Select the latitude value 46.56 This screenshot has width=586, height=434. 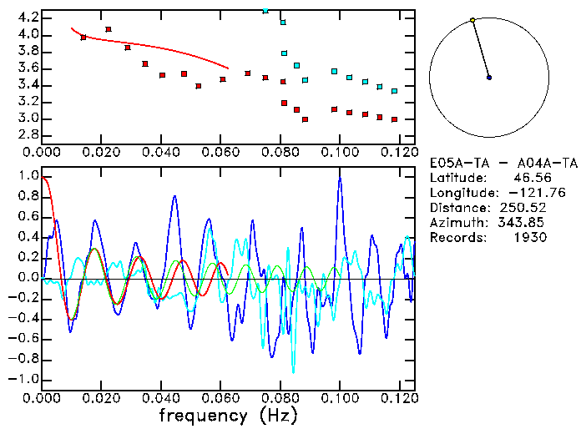pyautogui.click(x=528, y=177)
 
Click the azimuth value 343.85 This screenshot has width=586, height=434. pyautogui.click(x=523, y=222)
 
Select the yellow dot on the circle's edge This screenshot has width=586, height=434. pyautogui.click(x=472, y=20)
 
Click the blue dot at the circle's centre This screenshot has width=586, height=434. pyautogui.click(x=489, y=78)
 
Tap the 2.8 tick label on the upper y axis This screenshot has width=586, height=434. pyautogui.click(x=28, y=134)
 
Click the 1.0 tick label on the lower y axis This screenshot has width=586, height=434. pyautogui.click(x=28, y=177)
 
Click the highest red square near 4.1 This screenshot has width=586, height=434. pyautogui.click(x=108, y=29)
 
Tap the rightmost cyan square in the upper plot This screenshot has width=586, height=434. pyautogui.click(x=394, y=91)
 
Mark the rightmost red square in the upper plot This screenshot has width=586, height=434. pyautogui.click(x=394, y=119)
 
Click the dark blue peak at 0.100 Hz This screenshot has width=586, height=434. pyautogui.click(x=340, y=178)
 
